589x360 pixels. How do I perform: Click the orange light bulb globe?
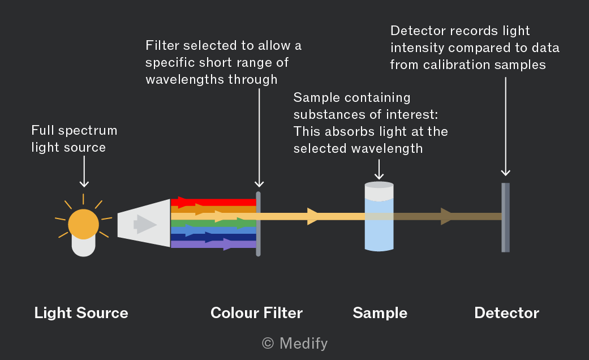tap(83, 224)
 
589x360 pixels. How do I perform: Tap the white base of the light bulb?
tap(83, 247)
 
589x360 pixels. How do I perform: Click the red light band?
tap(213, 203)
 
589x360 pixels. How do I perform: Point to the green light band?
tap(213, 223)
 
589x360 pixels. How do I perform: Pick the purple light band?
tap(213, 245)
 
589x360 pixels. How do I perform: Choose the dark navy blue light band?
tap(213, 237)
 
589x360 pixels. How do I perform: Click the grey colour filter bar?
tap(258, 224)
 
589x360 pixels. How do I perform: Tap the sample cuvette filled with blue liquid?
tap(379, 216)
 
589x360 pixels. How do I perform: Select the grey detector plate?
tap(506, 217)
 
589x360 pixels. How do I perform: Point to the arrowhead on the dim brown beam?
tap(447, 216)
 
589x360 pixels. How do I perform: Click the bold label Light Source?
tap(81, 313)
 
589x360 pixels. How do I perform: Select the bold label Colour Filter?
tap(256, 313)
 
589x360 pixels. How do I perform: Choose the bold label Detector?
tap(507, 313)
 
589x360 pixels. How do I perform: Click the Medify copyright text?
tap(295, 344)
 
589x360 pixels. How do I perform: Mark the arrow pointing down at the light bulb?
tap(84, 172)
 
